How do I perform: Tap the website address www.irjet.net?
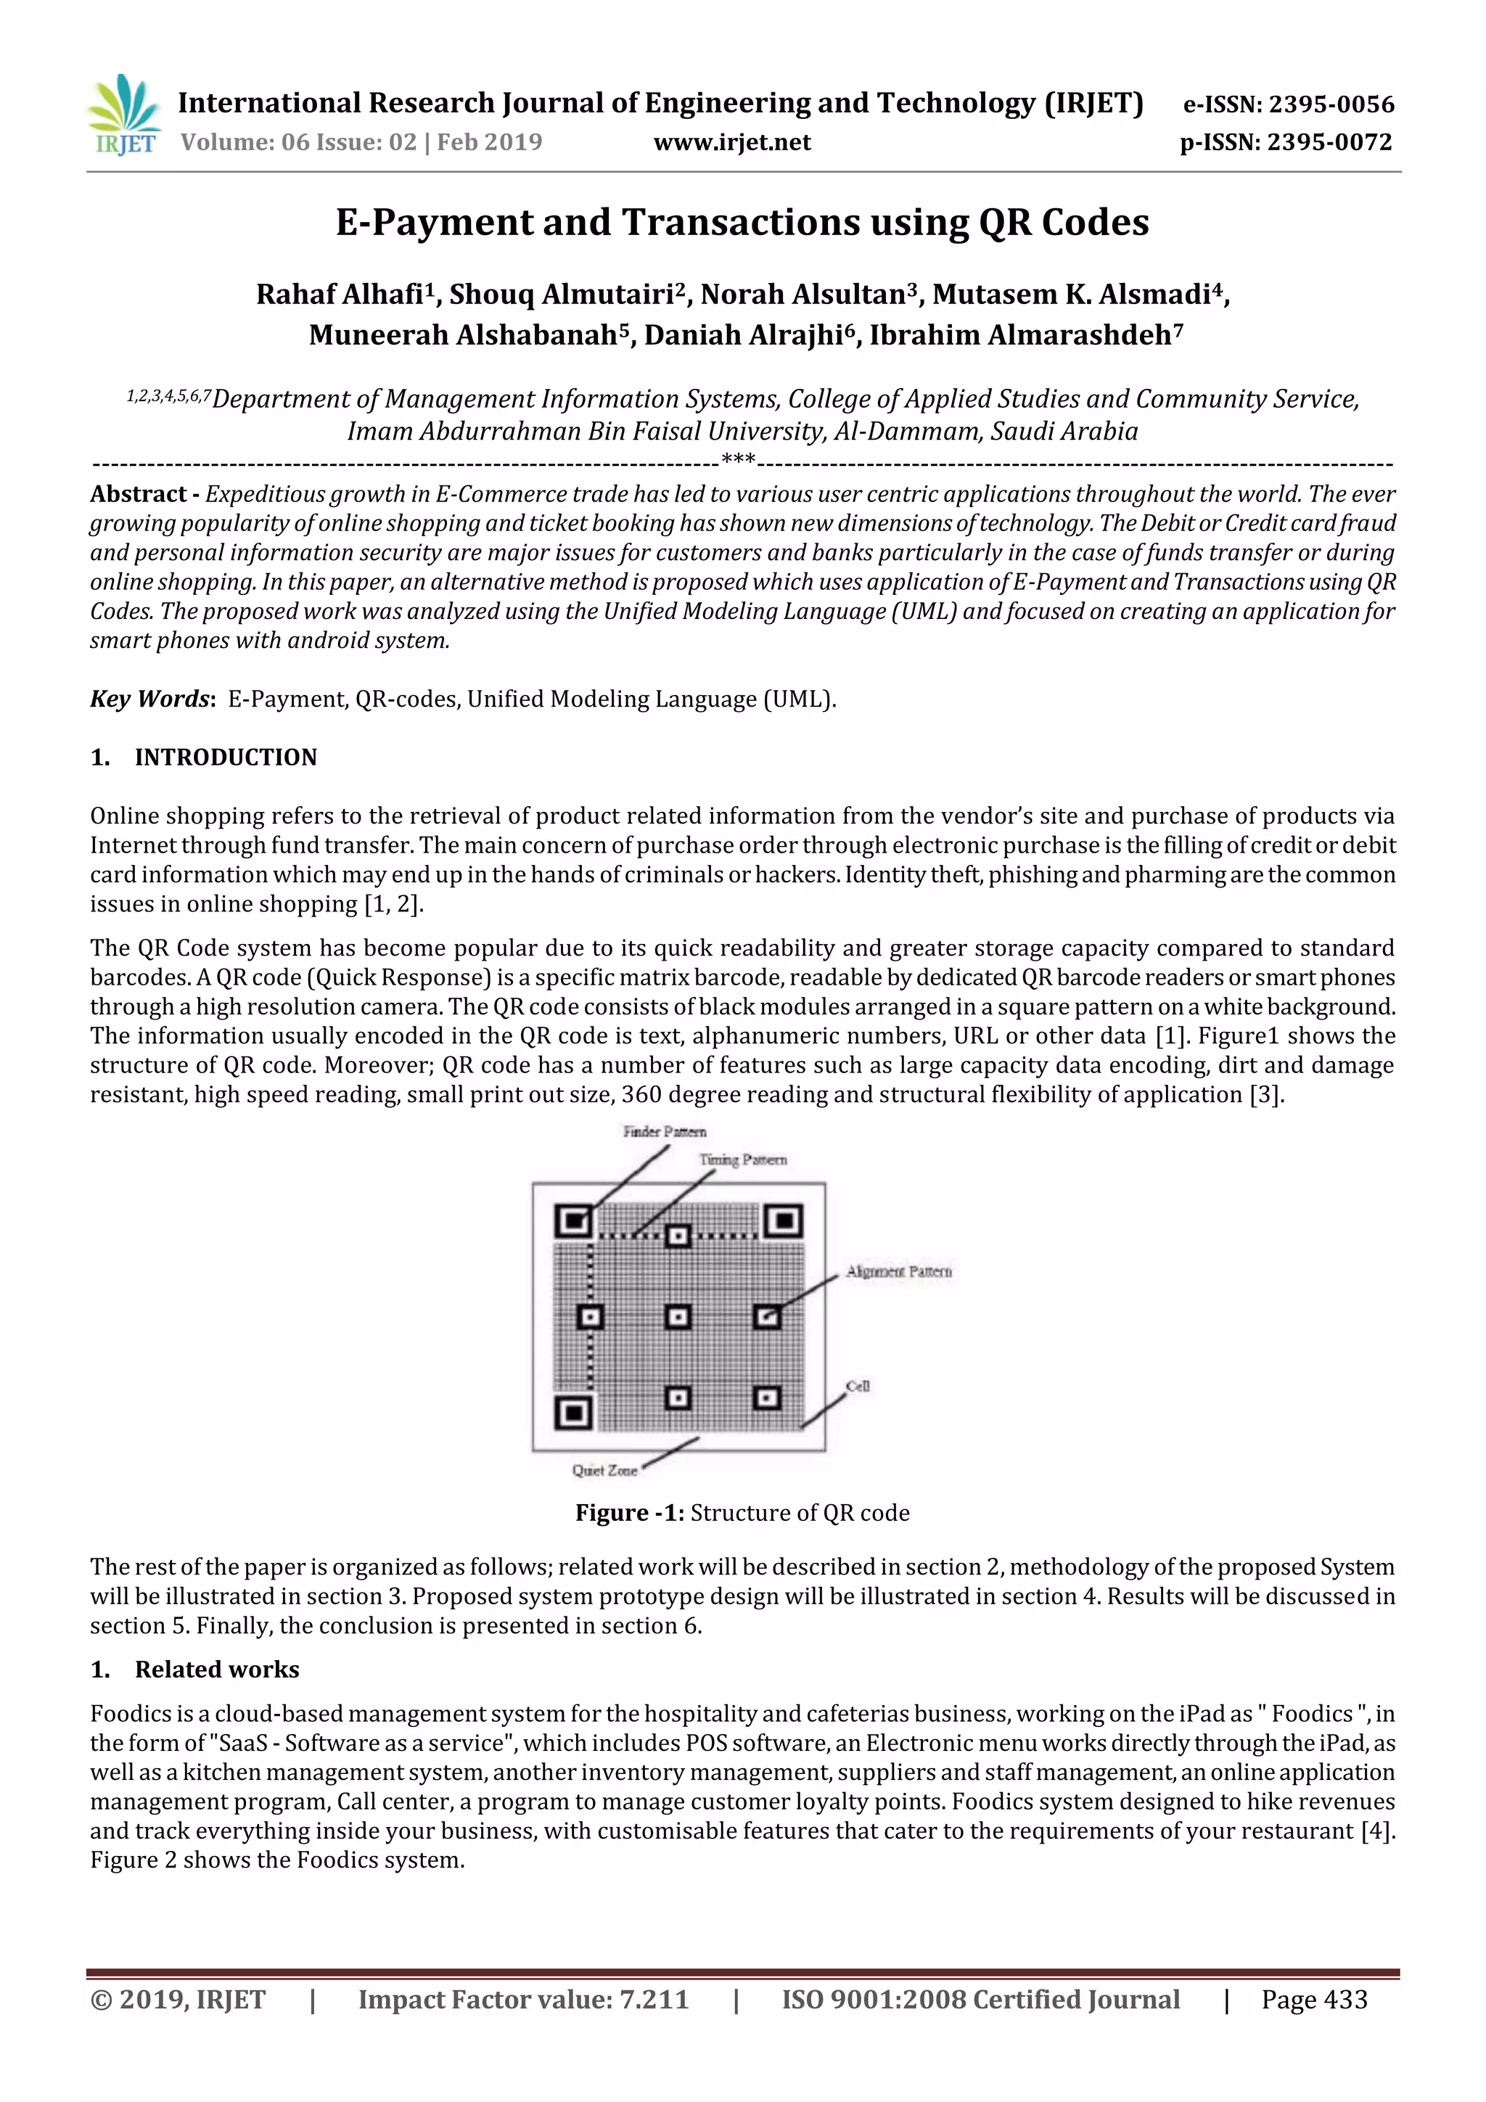pyautogui.click(x=731, y=142)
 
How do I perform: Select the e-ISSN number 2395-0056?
pyautogui.click(x=1330, y=104)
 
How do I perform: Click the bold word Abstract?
pyautogui.click(x=139, y=494)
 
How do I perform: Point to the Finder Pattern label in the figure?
pyautogui.click(x=664, y=1132)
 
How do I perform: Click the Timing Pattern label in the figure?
pyautogui.click(x=742, y=1160)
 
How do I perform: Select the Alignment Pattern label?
pyautogui.click(x=898, y=1272)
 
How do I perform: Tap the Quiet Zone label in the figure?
pyautogui.click(x=604, y=1470)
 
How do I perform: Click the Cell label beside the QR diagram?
pyautogui.click(x=858, y=1386)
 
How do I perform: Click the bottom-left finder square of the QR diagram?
pyautogui.click(x=573, y=1413)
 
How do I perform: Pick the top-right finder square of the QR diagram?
pyautogui.click(x=784, y=1220)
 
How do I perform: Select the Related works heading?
pyautogui.click(x=217, y=1669)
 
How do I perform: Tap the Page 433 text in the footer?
pyautogui.click(x=1314, y=2000)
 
